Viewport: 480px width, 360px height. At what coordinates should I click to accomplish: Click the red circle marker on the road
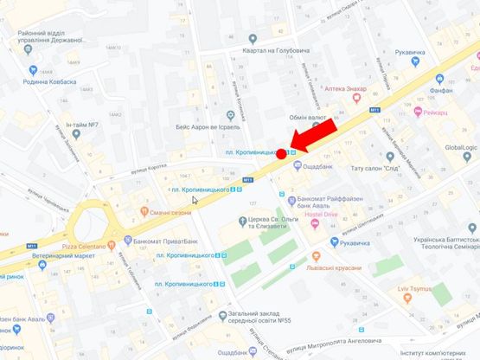(281, 154)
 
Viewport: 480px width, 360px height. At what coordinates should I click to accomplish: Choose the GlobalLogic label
(454, 147)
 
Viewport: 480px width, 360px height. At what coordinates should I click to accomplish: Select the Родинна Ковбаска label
(48, 82)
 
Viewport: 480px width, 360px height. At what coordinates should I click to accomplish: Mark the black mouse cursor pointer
(195, 200)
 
